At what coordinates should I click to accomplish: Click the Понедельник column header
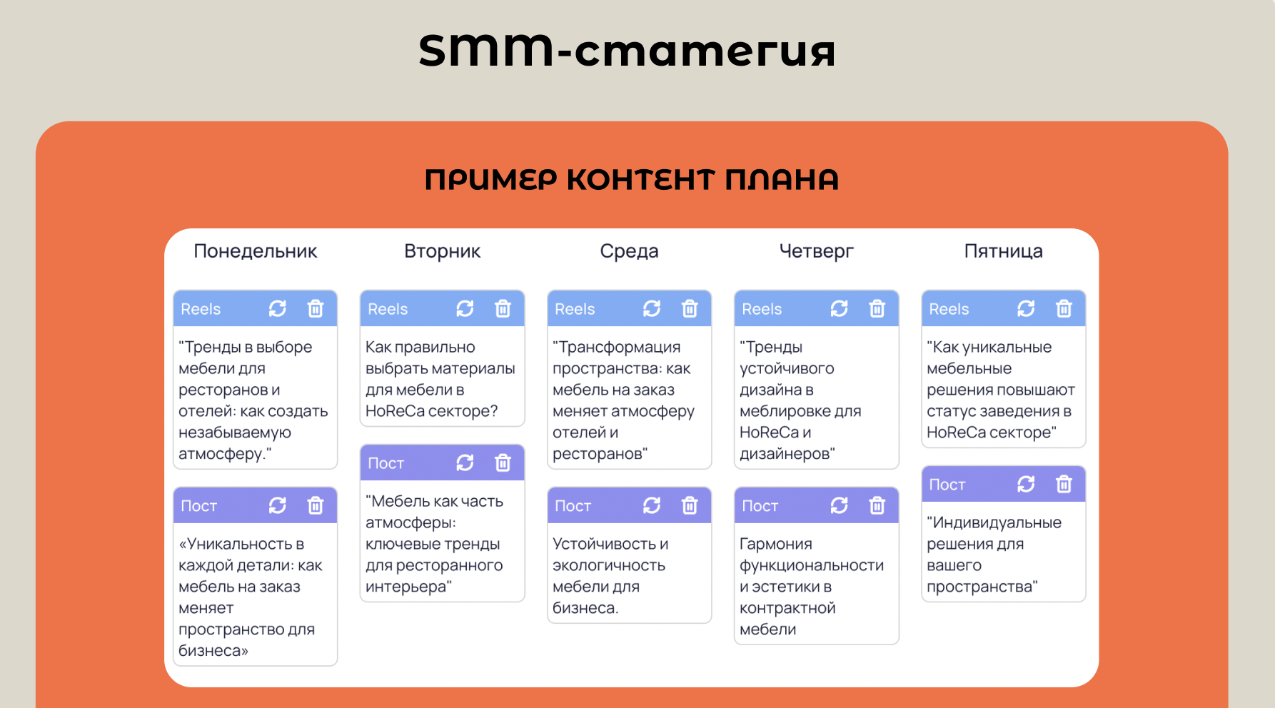click(255, 251)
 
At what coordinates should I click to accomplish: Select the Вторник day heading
click(442, 251)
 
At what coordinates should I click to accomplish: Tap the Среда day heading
click(629, 251)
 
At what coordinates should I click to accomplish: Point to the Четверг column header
click(816, 251)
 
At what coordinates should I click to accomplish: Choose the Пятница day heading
click(1003, 251)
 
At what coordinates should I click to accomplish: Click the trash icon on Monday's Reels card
click(316, 308)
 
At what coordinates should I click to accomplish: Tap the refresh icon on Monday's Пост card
click(277, 505)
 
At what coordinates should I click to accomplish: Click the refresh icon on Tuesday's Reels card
click(465, 308)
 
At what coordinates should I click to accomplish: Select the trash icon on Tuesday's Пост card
click(503, 462)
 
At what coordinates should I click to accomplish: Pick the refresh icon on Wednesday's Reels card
click(652, 308)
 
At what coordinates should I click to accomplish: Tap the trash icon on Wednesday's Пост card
click(690, 505)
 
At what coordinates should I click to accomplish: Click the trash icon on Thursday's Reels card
click(877, 308)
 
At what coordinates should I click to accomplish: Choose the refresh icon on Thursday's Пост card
click(839, 505)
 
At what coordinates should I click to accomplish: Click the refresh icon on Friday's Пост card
click(1026, 484)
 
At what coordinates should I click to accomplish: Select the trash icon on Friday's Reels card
click(1064, 308)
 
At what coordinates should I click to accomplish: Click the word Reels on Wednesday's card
click(575, 309)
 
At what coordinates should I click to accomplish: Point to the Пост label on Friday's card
click(947, 485)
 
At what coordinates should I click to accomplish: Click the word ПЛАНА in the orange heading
click(782, 180)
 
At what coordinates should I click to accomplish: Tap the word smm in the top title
click(486, 50)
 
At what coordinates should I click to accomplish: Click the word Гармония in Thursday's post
click(776, 544)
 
